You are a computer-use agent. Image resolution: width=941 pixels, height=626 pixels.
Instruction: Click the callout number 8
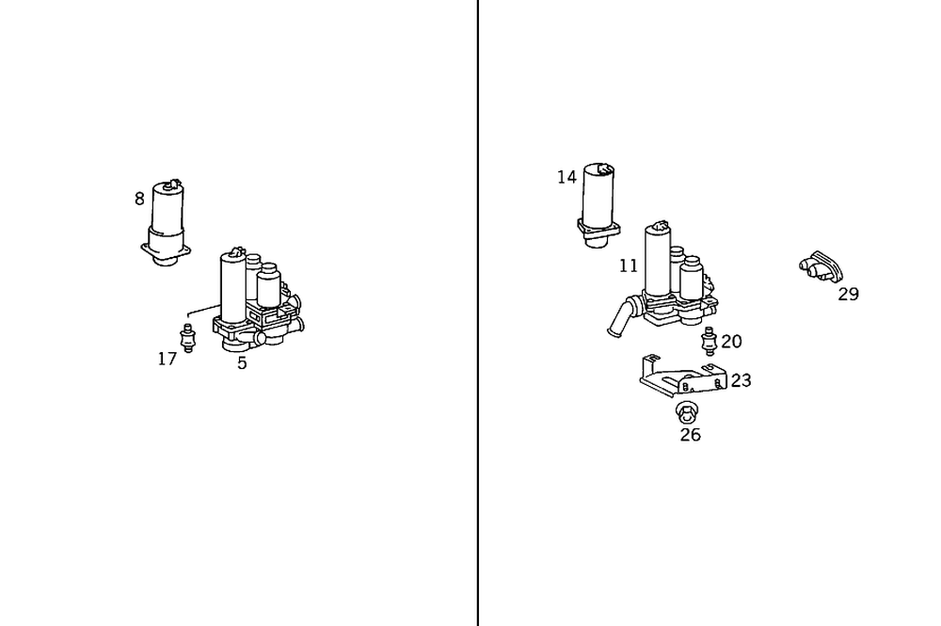139,199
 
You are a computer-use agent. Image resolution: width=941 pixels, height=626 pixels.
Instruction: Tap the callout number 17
167,359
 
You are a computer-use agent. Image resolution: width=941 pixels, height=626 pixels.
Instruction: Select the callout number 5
242,363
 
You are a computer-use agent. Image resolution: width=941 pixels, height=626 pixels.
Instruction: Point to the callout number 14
566,177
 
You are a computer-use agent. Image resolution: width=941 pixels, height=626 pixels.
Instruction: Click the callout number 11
629,266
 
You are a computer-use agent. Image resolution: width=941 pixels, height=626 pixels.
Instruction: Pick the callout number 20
731,342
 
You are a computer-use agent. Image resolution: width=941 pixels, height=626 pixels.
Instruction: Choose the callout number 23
741,380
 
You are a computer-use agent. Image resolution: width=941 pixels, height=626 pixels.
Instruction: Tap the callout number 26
690,435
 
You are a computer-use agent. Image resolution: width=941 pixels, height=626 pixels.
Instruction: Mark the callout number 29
848,294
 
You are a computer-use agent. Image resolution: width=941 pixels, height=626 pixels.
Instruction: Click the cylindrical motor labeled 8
169,217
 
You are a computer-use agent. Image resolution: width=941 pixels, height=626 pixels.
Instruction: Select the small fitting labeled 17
187,337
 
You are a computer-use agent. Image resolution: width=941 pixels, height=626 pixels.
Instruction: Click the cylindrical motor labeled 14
598,198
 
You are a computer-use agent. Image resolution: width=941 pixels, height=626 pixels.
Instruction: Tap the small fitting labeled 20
709,341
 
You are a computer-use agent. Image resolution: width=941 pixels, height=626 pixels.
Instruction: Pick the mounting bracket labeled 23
679,378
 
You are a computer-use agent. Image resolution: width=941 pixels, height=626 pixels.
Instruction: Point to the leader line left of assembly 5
201,310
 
